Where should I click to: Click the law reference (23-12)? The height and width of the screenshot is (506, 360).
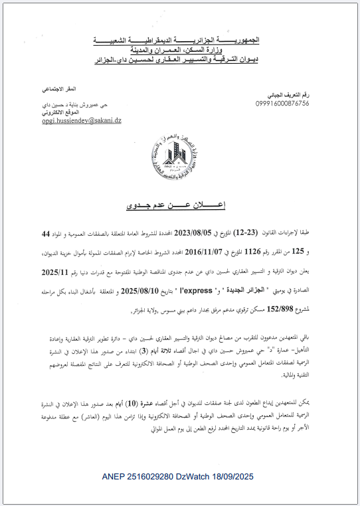[x=277, y=234]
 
